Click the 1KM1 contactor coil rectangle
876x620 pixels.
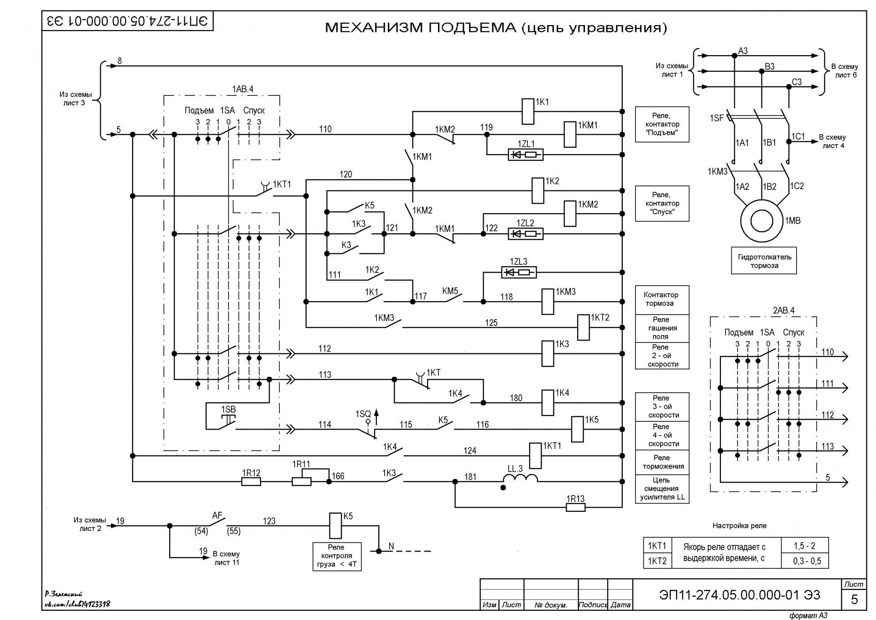[570, 134]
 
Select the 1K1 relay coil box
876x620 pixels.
[528, 111]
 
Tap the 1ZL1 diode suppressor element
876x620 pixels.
[526, 155]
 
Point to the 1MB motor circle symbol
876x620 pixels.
[761, 221]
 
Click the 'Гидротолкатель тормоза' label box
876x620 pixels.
[764, 261]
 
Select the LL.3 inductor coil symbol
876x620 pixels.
[520, 478]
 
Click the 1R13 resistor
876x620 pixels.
[575, 507]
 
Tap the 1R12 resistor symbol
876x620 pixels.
[250, 481]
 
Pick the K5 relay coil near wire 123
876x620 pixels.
[336, 525]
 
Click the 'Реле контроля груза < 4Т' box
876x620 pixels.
[337, 556]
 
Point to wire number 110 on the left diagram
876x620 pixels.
[325, 129]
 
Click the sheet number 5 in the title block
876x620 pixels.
[855, 599]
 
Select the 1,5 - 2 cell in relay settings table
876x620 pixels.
[804, 546]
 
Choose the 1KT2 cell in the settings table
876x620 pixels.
[657, 561]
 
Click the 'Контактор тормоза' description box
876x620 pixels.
[662, 299]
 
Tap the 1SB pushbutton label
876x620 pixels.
[229, 410]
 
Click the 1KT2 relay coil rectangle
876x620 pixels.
[583, 327]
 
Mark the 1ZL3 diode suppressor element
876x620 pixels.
[519, 273]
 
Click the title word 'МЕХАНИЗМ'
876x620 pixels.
[374, 28]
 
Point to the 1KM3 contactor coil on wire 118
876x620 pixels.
[547, 302]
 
